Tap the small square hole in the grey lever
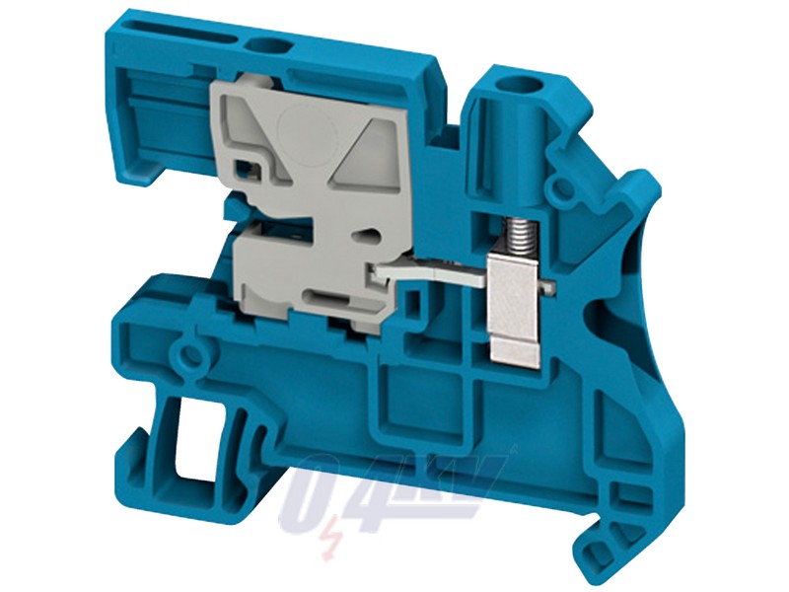pyautogui.click(x=251, y=169)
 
